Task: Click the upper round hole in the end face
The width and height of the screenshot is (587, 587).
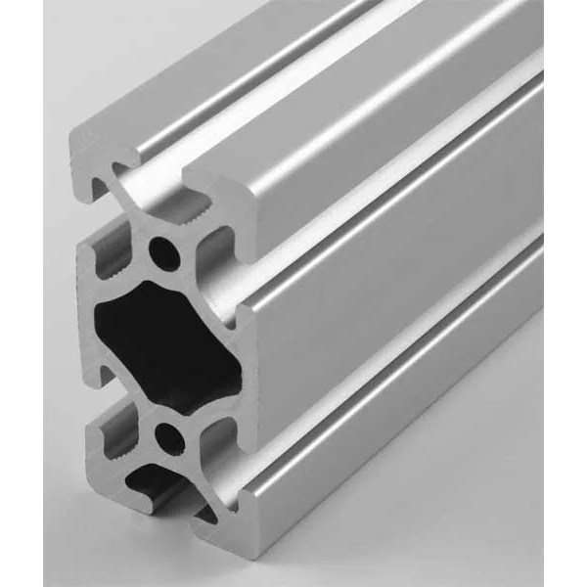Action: point(164,255)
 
